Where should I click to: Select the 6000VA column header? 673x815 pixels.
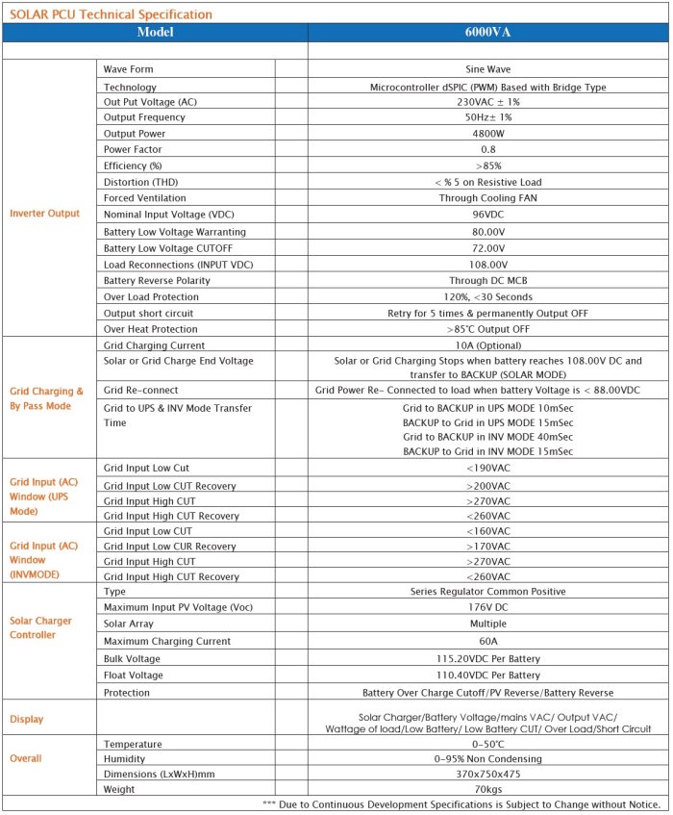[x=487, y=32]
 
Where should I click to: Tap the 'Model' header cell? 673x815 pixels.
[x=155, y=32]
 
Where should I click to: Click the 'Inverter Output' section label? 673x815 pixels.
[x=45, y=213]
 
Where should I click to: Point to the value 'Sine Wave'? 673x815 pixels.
[x=487, y=70]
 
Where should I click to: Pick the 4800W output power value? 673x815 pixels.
[x=487, y=134]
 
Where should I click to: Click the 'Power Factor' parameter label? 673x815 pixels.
[x=133, y=150]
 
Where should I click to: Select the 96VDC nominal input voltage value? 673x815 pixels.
[x=487, y=216]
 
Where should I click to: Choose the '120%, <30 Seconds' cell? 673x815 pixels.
[x=487, y=296]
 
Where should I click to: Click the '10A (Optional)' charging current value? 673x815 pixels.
[x=487, y=344]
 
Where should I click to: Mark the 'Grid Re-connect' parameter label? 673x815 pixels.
[x=140, y=391]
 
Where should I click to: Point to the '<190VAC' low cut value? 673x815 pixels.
[x=487, y=468]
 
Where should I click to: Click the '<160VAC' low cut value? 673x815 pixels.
[x=487, y=530]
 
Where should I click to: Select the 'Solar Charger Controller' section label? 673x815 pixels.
[x=40, y=627]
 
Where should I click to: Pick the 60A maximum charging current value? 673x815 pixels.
[x=487, y=642]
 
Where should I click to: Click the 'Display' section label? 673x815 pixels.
[x=27, y=719]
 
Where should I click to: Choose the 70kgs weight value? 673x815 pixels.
[x=487, y=790]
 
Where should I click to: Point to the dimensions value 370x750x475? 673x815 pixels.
[x=487, y=775]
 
